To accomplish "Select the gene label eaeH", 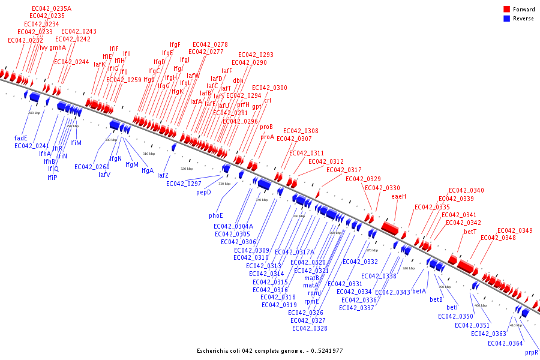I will (399, 196).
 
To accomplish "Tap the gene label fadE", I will (21, 138).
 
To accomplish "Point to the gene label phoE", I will (216, 215).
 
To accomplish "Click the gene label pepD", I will (204, 192).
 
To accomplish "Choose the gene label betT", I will (470, 232).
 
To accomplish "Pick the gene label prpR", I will (532, 353).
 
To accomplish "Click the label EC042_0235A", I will (51, 8).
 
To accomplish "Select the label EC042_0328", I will (310, 328).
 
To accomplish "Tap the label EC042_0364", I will (505, 343).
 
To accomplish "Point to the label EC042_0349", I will (515, 230).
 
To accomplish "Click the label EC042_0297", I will (184, 184).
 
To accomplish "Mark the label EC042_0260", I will (92, 167).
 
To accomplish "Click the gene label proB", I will (266, 127).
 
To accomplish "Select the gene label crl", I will (268, 100).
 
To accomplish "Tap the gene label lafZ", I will (163, 175).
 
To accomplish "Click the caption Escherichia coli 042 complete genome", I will (270, 350).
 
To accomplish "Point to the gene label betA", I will (419, 292).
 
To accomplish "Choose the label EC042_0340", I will (466, 191).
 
